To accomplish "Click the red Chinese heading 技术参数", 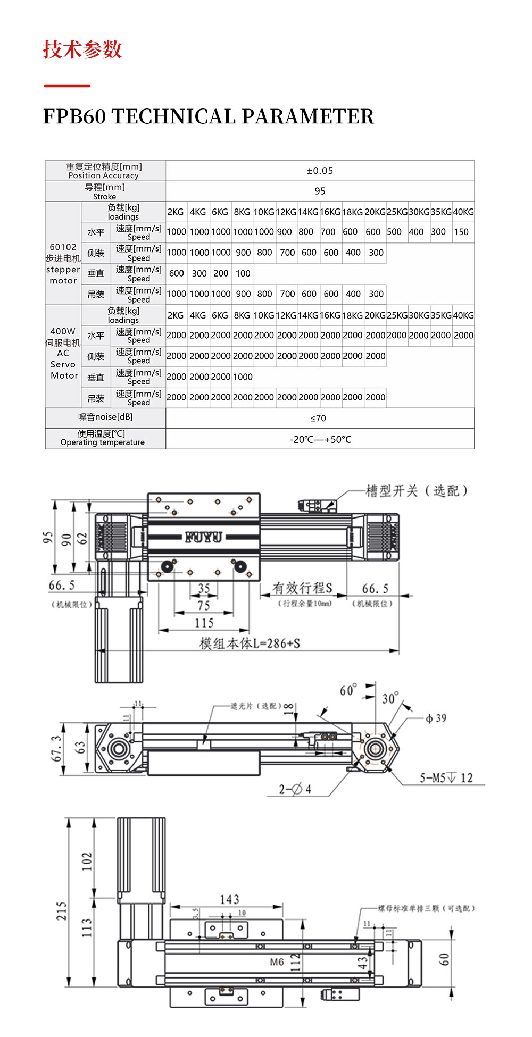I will click(82, 49).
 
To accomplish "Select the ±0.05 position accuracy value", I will click(320, 171).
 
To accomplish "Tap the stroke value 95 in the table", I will click(320, 191).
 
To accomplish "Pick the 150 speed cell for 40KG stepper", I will click(461, 232).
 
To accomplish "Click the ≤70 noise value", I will click(318, 419).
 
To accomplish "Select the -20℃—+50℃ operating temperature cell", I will click(320, 439).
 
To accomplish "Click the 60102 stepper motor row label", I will click(63, 264).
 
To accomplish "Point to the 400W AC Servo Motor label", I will click(63, 353).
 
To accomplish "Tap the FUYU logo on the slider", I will click(203, 537).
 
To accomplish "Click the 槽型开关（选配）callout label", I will click(417, 491).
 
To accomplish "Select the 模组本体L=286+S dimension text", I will click(250, 643).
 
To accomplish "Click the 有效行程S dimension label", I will click(302, 588).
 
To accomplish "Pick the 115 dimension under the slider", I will click(204, 623).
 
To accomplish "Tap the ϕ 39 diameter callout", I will click(436, 718).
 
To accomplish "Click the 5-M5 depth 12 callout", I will click(446, 778).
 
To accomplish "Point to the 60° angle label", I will click(348, 690).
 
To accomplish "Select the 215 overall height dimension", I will click(62, 911).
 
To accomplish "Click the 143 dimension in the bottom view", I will click(229, 900).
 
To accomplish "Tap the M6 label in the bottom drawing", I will click(277, 962).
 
